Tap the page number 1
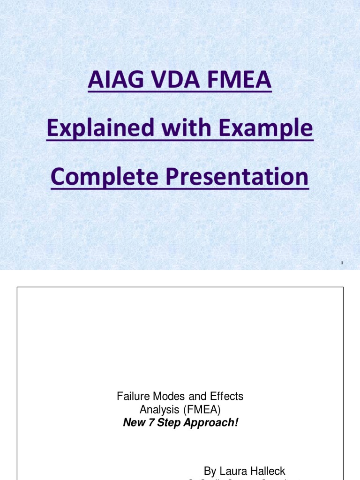[342, 263]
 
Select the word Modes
[165, 396]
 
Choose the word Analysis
[157, 410]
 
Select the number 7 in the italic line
[148, 423]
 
